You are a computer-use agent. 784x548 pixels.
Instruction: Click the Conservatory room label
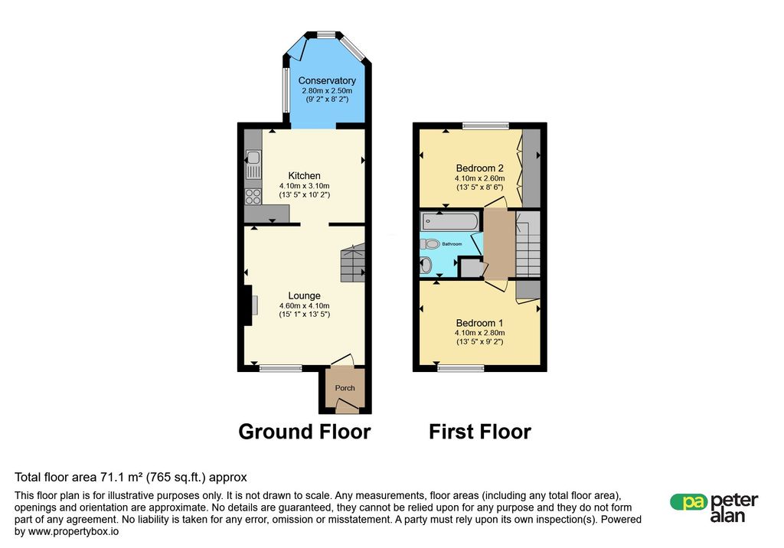[327, 80]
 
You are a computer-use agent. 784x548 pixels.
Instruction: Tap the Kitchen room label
[304, 175]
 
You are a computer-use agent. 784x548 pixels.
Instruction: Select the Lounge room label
[304, 295]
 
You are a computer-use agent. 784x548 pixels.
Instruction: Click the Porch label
[345, 388]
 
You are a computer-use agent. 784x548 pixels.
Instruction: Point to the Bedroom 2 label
[479, 168]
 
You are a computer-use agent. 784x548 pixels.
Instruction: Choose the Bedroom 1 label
[479, 323]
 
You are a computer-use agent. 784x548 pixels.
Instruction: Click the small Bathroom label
[452, 244]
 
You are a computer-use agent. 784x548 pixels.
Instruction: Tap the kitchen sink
[253, 165]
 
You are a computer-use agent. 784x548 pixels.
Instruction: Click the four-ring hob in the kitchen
[253, 197]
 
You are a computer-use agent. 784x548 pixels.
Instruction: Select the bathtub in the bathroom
[449, 220]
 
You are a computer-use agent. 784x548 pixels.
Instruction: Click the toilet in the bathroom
[430, 244]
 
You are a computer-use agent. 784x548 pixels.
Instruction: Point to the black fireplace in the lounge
[247, 305]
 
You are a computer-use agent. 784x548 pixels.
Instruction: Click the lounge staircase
[353, 263]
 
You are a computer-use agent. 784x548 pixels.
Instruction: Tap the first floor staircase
[528, 244]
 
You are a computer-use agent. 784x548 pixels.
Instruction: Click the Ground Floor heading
[305, 432]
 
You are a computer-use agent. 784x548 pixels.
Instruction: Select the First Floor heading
[480, 432]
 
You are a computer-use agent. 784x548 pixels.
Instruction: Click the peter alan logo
[714, 507]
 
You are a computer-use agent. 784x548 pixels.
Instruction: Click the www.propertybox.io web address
[73, 531]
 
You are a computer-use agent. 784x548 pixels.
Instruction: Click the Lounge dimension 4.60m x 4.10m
[305, 305]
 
